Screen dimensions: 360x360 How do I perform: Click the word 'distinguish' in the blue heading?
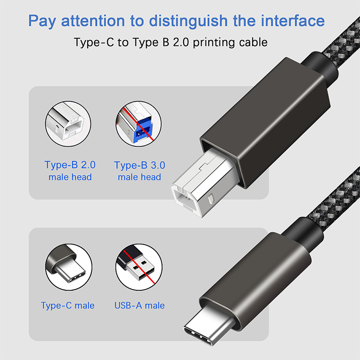pyautogui.click(x=188, y=21)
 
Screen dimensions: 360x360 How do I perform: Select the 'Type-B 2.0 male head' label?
pyautogui.click(x=70, y=171)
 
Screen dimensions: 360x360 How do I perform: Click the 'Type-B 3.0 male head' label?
pyautogui.click(x=139, y=171)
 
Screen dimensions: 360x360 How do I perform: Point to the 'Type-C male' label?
pyautogui.click(x=68, y=306)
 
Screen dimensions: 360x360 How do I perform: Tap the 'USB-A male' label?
pyautogui.click(x=139, y=306)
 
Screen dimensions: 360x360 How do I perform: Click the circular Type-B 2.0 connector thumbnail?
pyautogui.click(x=68, y=124)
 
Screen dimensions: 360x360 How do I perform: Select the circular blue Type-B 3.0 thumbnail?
pyautogui.click(x=139, y=124)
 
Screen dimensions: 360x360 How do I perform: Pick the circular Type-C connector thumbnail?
pyautogui.click(x=69, y=267)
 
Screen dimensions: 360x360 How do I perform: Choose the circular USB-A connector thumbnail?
pyautogui.click(x=139, y=267)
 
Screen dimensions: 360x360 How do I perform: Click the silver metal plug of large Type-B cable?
pyautogui.click(x=202, y=184)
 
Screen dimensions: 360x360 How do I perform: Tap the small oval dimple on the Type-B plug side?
pyautogui.click(x=211, y=199)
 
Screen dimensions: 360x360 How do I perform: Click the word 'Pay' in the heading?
pyautogui.click(x=42, y=21)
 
